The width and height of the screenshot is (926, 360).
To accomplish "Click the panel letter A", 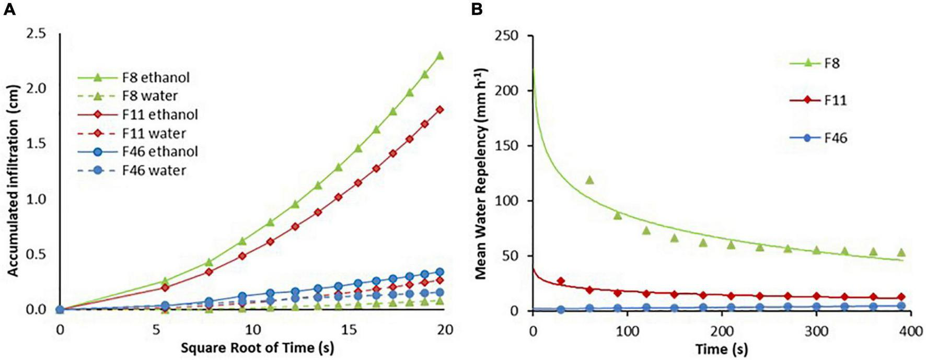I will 9,9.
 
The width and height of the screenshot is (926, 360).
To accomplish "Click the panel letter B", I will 477,9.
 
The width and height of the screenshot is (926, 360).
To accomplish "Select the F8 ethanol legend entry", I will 156,78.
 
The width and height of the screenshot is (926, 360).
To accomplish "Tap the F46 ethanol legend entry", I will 160,152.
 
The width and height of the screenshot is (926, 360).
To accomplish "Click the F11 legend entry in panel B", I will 835,100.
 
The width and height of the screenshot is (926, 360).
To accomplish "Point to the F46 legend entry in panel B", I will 835,138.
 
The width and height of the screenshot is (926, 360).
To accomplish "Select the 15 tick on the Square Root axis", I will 349,330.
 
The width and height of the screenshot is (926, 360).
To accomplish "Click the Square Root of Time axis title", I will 257,347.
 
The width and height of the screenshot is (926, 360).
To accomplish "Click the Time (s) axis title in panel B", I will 721,349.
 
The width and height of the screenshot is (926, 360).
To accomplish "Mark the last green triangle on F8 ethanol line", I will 439,55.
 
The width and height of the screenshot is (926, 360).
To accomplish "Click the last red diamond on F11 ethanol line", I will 439,110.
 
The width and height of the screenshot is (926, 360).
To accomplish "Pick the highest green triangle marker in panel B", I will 589,180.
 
